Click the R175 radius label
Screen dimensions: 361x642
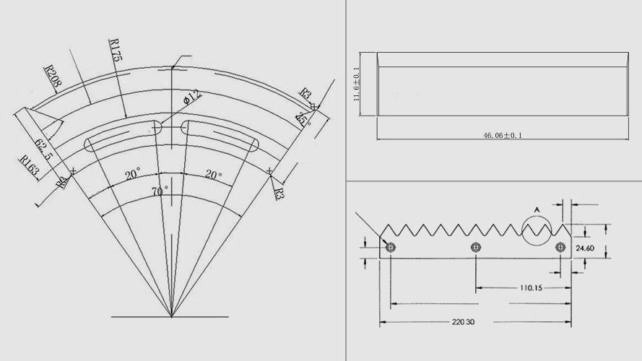[115, 51]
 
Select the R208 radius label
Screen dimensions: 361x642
[53, 76]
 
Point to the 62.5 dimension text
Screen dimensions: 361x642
[44, 147]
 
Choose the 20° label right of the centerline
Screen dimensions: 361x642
[214, 175]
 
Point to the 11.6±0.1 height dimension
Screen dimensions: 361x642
[356, 85]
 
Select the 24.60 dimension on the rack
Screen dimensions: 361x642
[586, 248]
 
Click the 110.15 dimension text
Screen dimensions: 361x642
[532, 287]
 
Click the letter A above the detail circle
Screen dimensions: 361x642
[536, 210]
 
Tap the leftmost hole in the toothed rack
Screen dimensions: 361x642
[391, 248]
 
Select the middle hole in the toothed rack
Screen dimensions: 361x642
[475, 248]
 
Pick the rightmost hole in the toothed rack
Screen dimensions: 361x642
[560, 248]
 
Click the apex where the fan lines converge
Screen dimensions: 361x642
[171, 316]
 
